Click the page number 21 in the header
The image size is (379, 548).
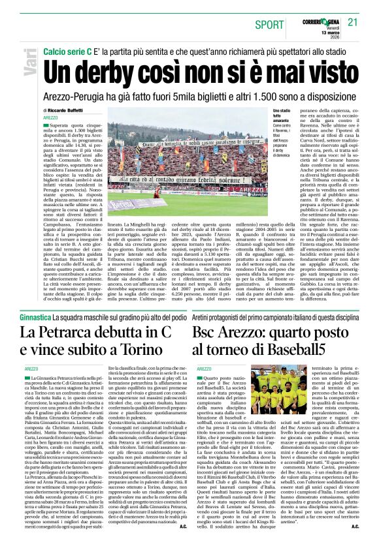tap(354, 22)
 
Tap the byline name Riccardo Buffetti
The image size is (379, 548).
tap(68, 110)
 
